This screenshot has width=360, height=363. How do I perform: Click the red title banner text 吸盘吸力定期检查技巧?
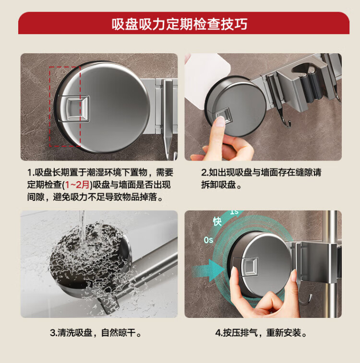click(x=180, y=24)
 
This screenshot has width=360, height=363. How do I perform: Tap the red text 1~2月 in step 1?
click(x=77, y=185)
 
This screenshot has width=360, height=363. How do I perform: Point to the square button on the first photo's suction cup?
click(x=78, y=108)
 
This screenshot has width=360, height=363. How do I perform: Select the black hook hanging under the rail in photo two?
click(x=287, y=120)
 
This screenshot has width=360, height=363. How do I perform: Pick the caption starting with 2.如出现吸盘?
click(x=261, y=179)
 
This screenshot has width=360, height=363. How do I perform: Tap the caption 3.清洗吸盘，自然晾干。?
click(x=96, y=333)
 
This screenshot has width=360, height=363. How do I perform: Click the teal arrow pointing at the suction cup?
click(x=208, y=270)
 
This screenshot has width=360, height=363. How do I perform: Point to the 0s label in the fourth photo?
click(x=208, y=240)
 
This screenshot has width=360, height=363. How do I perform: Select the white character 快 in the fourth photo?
click(x=217, y=221)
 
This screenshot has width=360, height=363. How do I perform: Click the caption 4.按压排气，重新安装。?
click(x=261, y=333)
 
